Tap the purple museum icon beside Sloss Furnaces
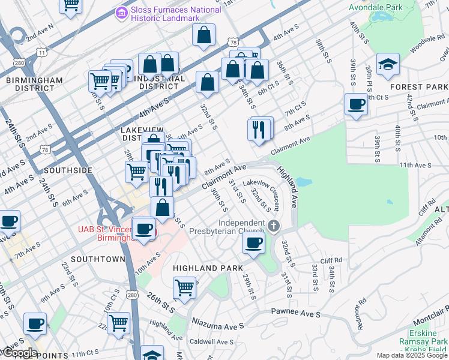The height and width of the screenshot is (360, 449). pyautogui.click(x=122, y=11)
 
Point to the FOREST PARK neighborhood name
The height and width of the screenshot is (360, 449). pyautogui.click(x=418, y=87)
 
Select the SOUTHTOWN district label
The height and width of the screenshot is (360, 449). pyautogui.click(x=98, y=259)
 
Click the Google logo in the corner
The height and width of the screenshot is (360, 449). pyautogui.click(x=19, y=353)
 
